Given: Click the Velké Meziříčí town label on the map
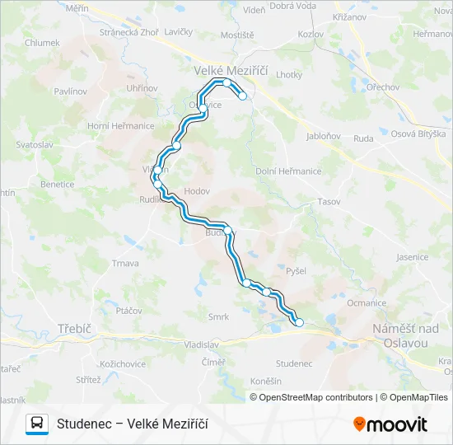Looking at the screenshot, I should tap(231, 72).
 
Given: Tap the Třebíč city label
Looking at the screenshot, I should tap(74, 328).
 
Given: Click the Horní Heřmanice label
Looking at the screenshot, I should tap(121, 125).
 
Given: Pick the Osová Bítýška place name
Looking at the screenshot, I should tap(418, 133).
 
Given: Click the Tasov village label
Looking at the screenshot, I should tap(328, 202).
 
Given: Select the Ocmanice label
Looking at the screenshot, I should tap(367, 303).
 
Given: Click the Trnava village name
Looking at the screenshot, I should tap(125, 264).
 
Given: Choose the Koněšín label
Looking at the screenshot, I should tap(265, 381).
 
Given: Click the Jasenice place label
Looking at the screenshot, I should tap(412, 257).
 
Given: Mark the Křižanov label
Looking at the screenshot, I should tap(349, 16).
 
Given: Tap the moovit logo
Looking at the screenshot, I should tap(390, 424).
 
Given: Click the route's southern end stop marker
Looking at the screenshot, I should tap(299, 322).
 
